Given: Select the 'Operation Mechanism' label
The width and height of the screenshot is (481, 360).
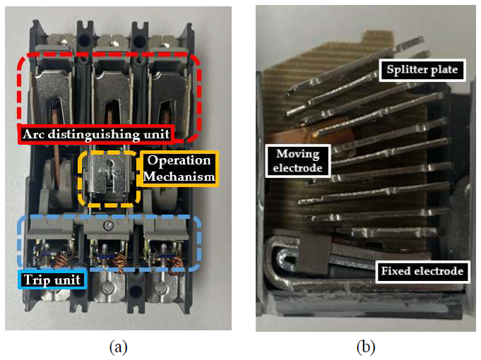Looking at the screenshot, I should pos(179,168).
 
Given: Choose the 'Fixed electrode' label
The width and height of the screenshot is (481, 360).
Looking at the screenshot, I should pos(422,271).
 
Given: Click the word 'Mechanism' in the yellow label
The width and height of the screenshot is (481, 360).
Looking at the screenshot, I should pos(179,176).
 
